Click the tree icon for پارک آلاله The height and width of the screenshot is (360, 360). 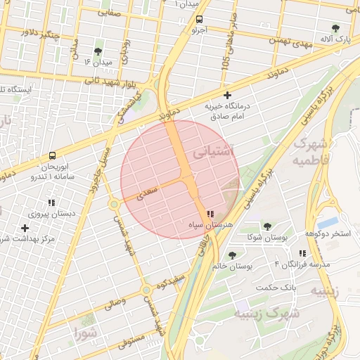point(335,28)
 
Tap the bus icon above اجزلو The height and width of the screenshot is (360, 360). point(199,20)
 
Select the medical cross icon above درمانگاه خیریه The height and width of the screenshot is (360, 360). point(226,95)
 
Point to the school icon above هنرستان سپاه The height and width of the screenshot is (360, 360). point(210,213)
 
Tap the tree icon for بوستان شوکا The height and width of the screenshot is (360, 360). point(266,226)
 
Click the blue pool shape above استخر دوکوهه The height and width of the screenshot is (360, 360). point(327,222)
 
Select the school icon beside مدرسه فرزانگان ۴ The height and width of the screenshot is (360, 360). point(302,253)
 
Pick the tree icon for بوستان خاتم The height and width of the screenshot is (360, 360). point(232,255)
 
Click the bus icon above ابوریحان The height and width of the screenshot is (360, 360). point(53,155)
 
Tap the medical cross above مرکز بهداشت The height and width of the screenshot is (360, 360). point(25,228)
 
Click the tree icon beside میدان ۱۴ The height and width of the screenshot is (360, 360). point(97,51)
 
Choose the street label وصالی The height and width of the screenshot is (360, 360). point(115,304)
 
